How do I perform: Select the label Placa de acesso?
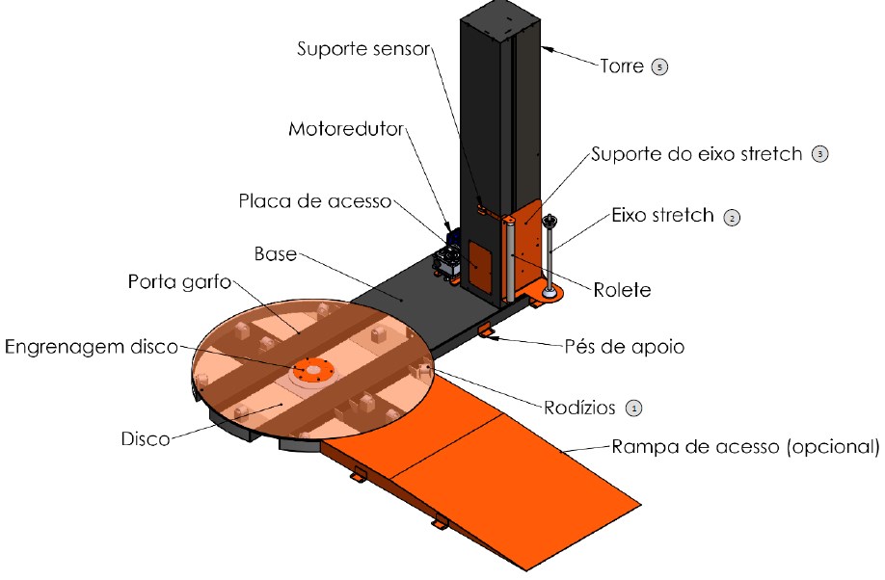pyautogui.click(x=315, y=201)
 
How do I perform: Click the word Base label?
pyautogui.click(x=275, y=254)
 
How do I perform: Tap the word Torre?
pyautogui.click(x=623, y=67)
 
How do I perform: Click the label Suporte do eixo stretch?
pyautogui.click(x=696, y=153)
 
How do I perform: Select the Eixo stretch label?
pyautogui.click(x=661, y=216)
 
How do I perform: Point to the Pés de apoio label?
pyautogui.click(x=625, y=347)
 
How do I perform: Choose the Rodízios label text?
pyautogui.click(x=578, y=408)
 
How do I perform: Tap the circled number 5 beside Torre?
pyautogui.click(x=659, y=67)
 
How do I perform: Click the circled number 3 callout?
pyautogui.click(x=820, y=154)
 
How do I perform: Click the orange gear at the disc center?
pyautogui.click(x=313, y=369)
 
